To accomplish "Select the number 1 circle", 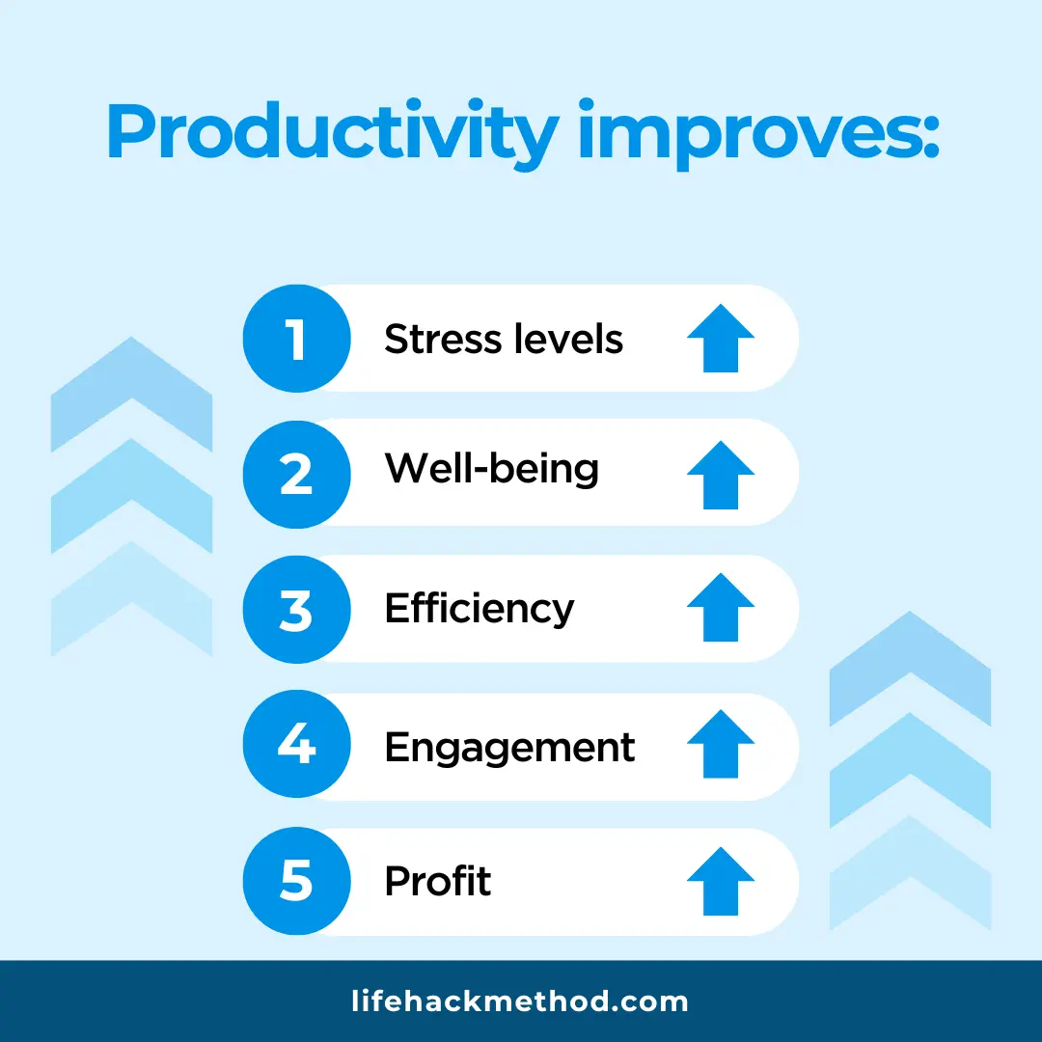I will [296, 339].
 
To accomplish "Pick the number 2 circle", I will [296, 473].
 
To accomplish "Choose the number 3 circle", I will [296, 609].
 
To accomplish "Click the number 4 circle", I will [296, 747].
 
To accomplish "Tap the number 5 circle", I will [296, 882].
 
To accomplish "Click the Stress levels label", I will [504, 340].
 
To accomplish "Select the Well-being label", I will [491, 470].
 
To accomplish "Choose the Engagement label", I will [509, 749].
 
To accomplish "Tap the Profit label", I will [438, 882].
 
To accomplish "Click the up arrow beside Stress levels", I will [721, 339].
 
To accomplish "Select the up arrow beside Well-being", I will [721, 474].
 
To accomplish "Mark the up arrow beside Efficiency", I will [721, 609].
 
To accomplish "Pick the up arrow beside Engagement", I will [721, 745].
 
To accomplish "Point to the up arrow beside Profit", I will [721, 881].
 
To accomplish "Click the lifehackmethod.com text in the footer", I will [520, 1001].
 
